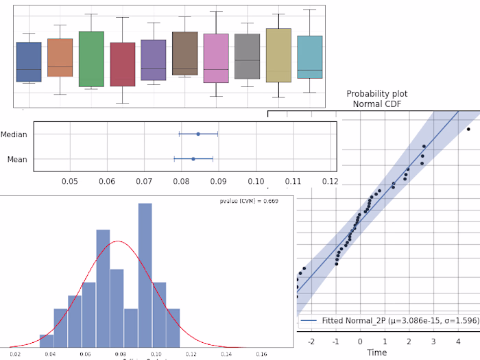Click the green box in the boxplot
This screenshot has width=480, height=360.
(91, 59)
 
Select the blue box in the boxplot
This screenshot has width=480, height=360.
(29, 62)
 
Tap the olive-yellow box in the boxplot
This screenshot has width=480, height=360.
(278, 55)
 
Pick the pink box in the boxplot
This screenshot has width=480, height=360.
(216, 58)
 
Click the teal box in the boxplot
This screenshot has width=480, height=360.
(310, 57)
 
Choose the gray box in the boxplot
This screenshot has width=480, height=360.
(247, 57)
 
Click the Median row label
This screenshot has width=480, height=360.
(14, 134)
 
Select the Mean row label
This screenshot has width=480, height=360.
(17, 159)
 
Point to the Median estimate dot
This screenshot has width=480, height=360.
(198, 134)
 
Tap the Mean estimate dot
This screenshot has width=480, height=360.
(193, 159)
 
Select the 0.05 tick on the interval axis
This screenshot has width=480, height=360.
(69, 181)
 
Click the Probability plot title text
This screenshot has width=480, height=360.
(373, 99)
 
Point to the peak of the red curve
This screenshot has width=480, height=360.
(119, 241)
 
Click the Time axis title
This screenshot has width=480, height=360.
(376, 352)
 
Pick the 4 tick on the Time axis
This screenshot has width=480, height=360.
(458, 341)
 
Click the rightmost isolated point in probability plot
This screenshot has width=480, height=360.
(468, 129)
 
